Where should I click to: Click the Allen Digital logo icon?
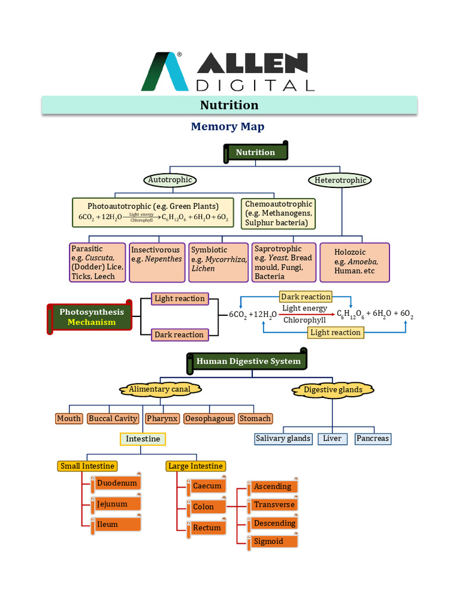pos(164,72)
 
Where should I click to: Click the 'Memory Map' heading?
pos(227,127)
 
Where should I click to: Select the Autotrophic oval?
pos(171,179)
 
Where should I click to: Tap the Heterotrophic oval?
pos(340,180)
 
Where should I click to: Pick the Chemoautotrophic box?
pos(278,214)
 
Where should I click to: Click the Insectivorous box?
pos(157,262)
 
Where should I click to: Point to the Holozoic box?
pos(354,262)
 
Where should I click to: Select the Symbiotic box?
pos(218,262)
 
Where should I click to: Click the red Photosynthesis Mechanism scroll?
pos(90,317)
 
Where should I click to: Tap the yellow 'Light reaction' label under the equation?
pos(335,332)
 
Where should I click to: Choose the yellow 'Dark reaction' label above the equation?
pos(306,296)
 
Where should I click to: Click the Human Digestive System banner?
pos(248,361)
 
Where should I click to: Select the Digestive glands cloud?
pos(333,390)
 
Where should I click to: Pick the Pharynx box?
pos(162,419)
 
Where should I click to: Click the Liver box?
pos(332,439)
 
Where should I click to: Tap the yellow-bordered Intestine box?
pos(143,439)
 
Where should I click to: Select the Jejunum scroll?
pos(115,504)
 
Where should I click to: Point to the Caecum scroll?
pos(208,486)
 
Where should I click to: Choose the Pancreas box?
pos(372,439)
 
